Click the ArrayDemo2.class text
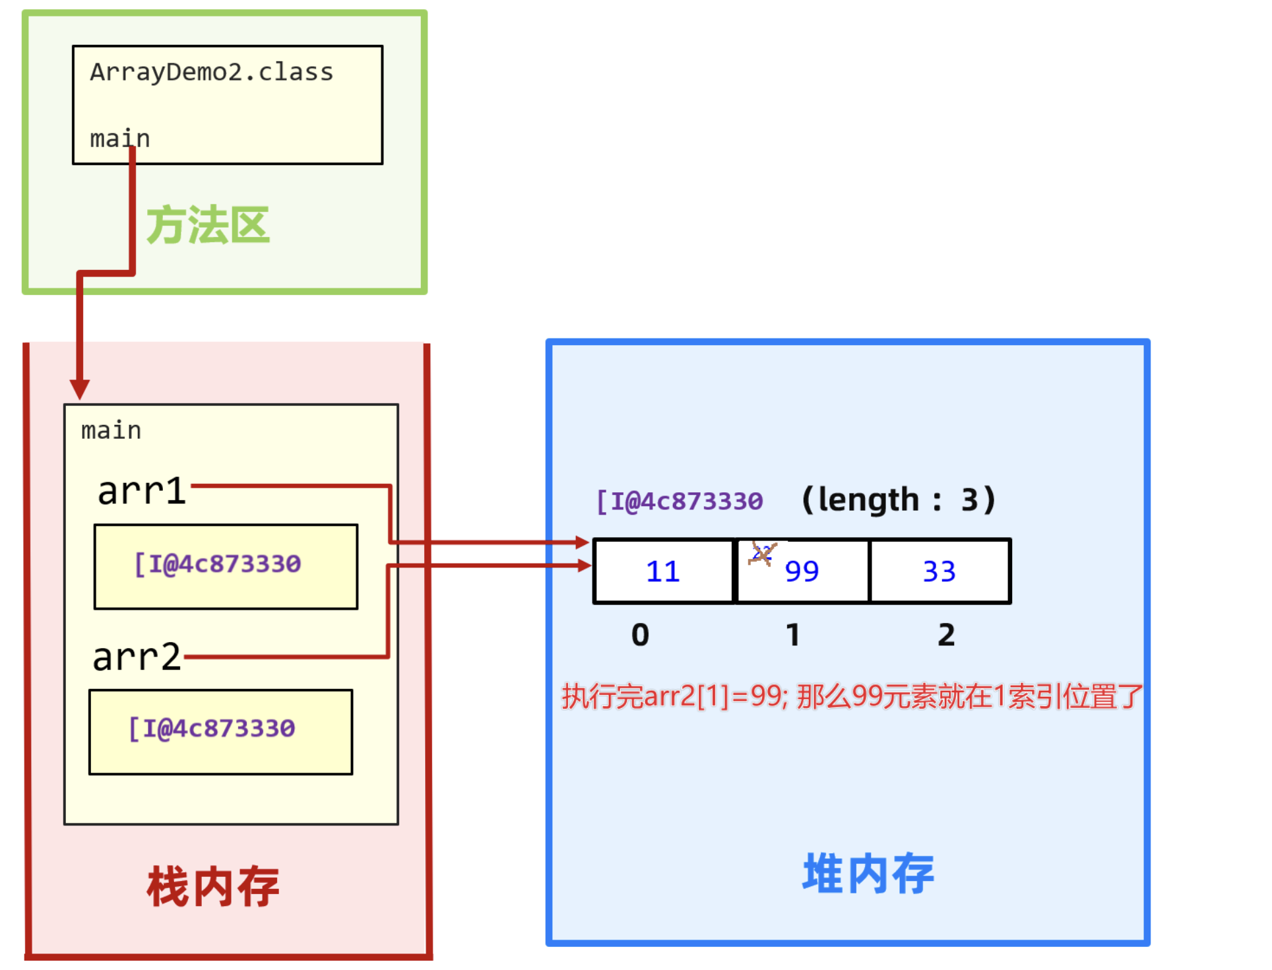point(211,72)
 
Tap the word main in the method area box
point(119,139)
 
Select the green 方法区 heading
point(208,225)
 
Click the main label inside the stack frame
point(111,430)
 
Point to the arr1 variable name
point(141,491)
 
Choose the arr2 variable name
point(137,657)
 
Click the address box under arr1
point(226,566)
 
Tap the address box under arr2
point(220,731)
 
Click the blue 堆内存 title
point(868,873)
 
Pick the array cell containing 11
point(663,571)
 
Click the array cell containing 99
point(802,571)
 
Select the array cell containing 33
point(939,571)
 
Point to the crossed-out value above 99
point(762,553)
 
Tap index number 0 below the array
point(640,635)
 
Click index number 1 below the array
point(793,635)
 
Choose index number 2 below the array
point(946,635)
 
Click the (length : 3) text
point(898,500)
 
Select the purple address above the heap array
point(680,501)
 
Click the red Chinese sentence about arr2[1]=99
point(851,696)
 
